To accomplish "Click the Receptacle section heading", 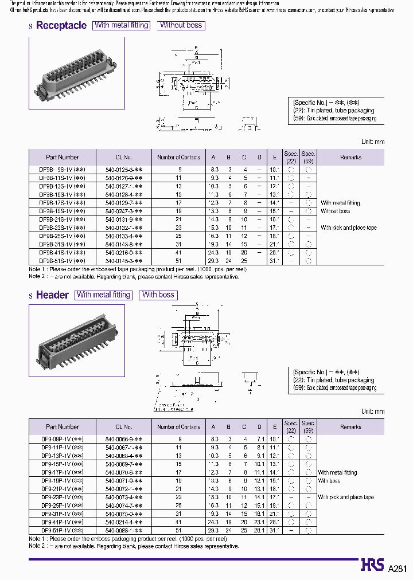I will pyautogui.click(x=61, y=25).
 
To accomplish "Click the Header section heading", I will pyautogui.click(x=52, y=295).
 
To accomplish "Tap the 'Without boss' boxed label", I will pyautogui.click(x=181, y=25).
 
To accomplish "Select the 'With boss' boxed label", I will pyautogui.click(x=158, y=295).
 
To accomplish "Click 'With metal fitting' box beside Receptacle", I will pyautogui.click(x=122, y=25).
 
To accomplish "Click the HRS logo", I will pyautogui.click(x=372, y=566).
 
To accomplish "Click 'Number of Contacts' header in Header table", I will pyautogui.click(x=178, y=427).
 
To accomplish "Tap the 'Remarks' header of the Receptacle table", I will pyautogui.click(x=350, y=157).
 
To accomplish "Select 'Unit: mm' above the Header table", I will pyautogui.click(x=372, y=412).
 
